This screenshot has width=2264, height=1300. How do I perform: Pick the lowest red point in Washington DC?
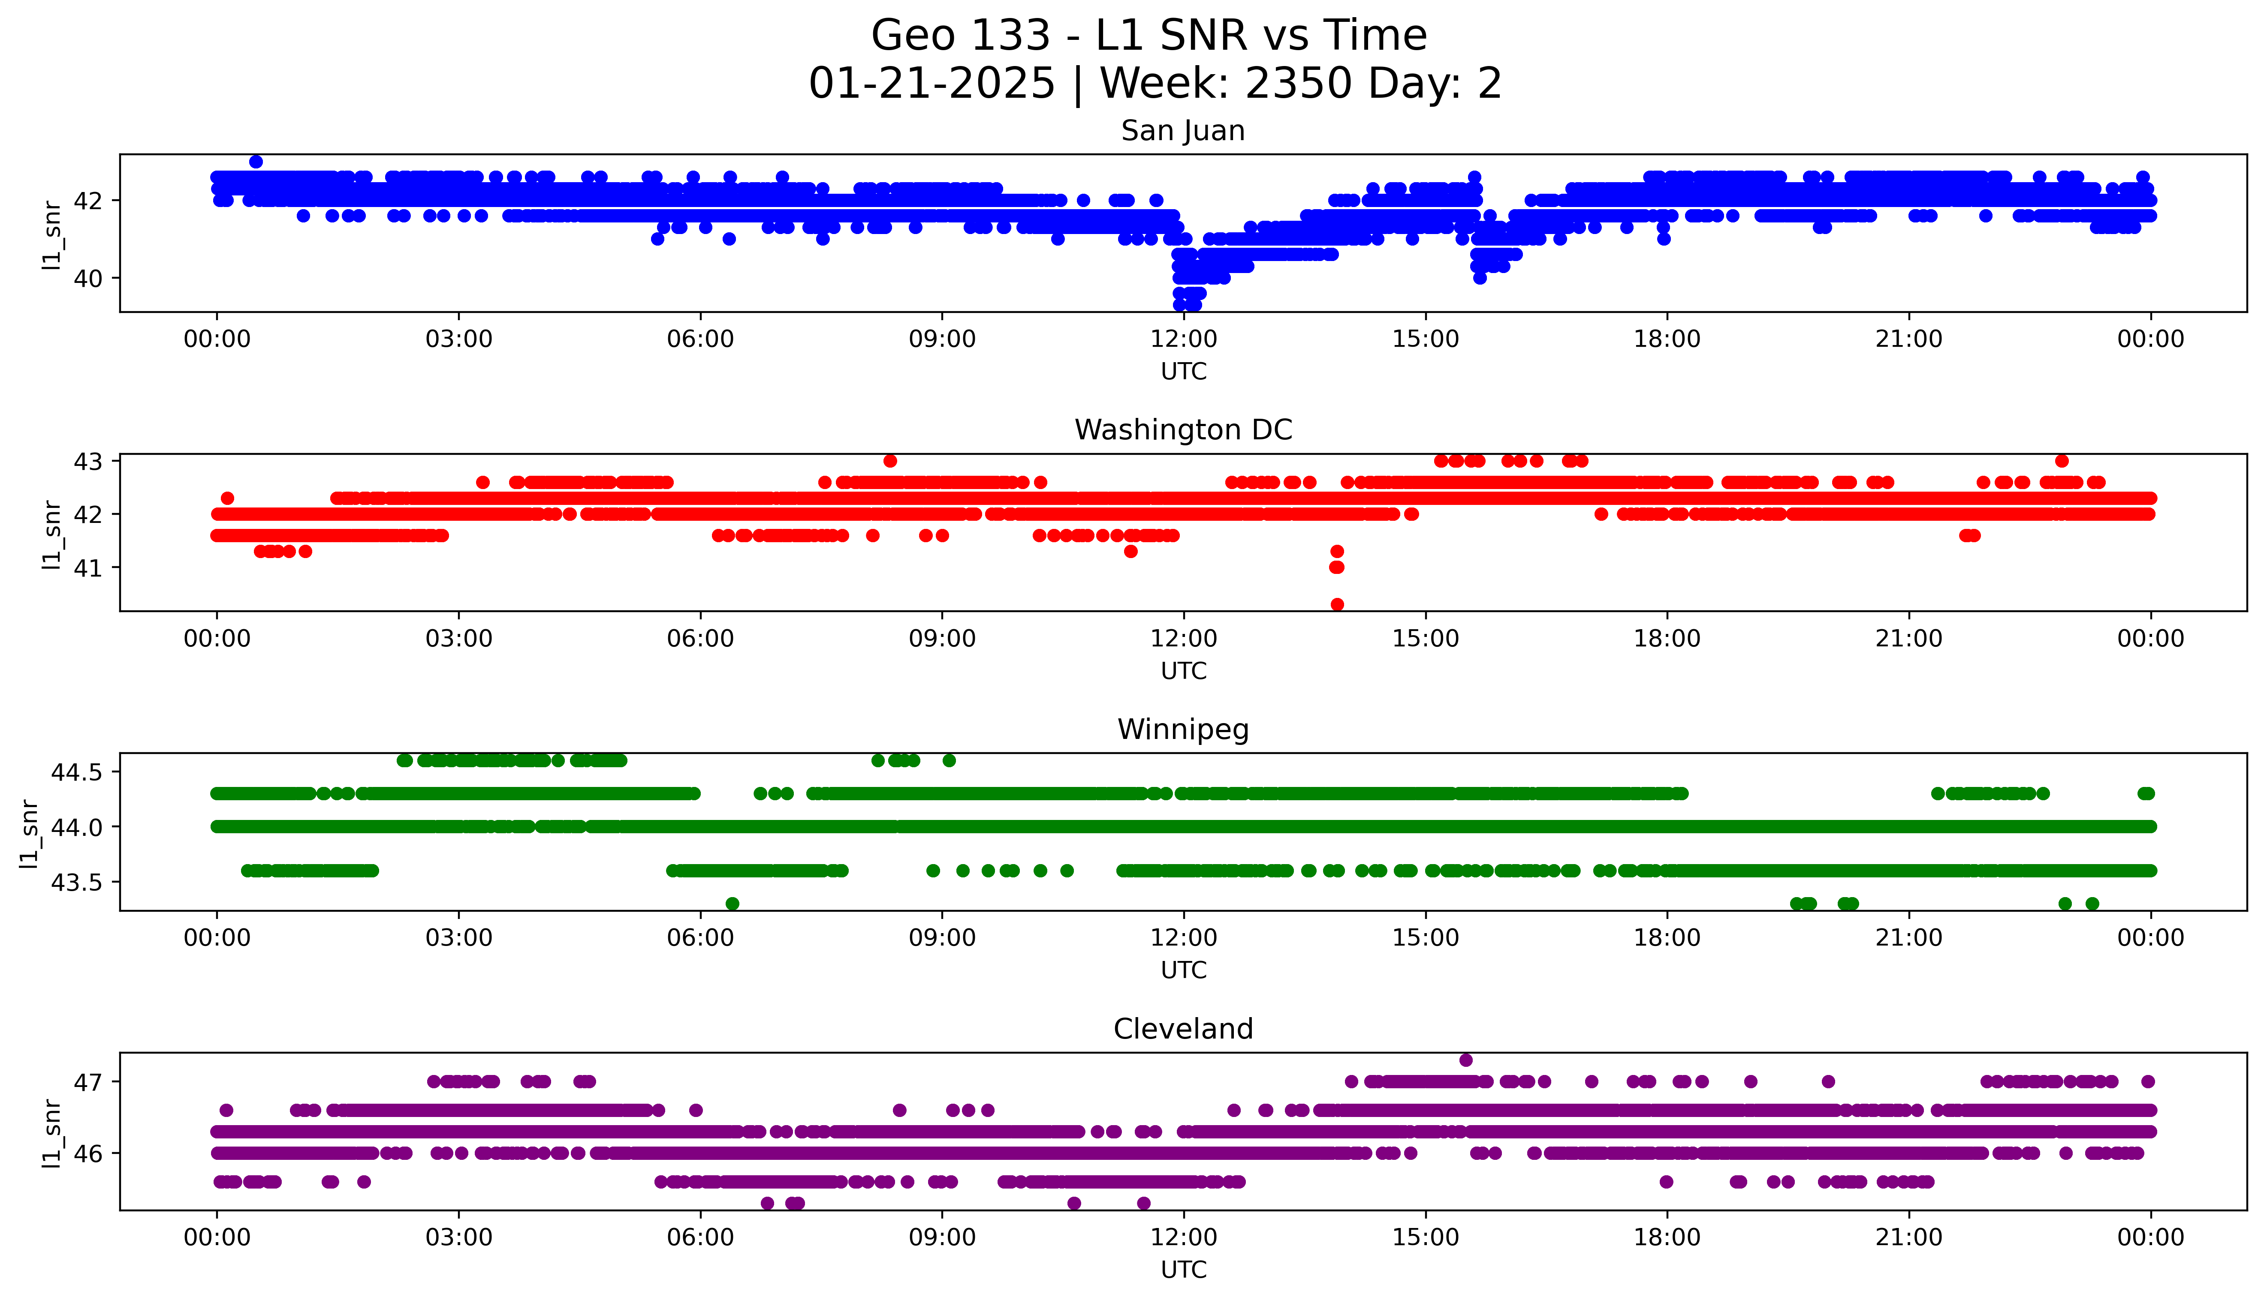coord(1337,604)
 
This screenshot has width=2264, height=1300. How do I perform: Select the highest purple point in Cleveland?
coord(1465,1060)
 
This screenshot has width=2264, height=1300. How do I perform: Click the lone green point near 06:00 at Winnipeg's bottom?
coord(733,904)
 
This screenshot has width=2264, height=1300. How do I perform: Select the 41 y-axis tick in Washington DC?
coord(89,568)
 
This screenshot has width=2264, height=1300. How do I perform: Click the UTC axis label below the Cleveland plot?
coord(1183,1270)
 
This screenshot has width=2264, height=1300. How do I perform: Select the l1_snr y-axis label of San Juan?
coord(52,234)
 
